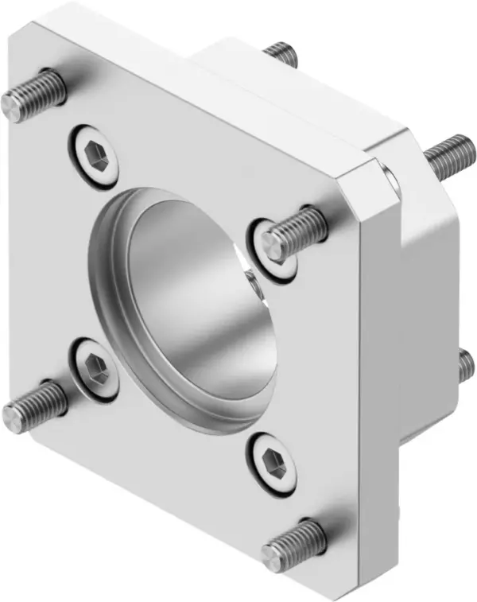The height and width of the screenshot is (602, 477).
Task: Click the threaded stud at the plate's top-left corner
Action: click(32, 93)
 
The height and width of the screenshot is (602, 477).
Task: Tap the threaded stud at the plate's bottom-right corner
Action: click(294, 545)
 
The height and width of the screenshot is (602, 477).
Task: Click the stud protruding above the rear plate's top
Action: click(282, 54)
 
